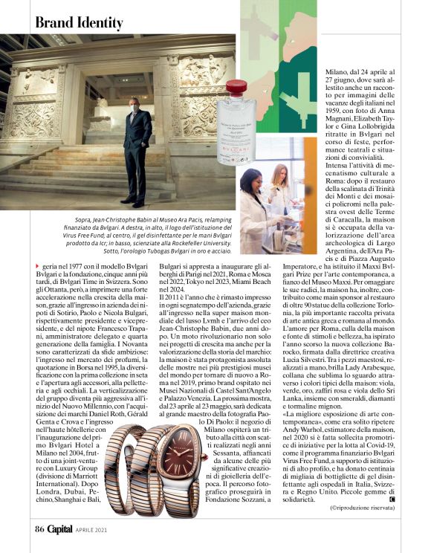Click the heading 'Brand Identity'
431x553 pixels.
pos(80,23)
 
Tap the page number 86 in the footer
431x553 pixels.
pos(40,530)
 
